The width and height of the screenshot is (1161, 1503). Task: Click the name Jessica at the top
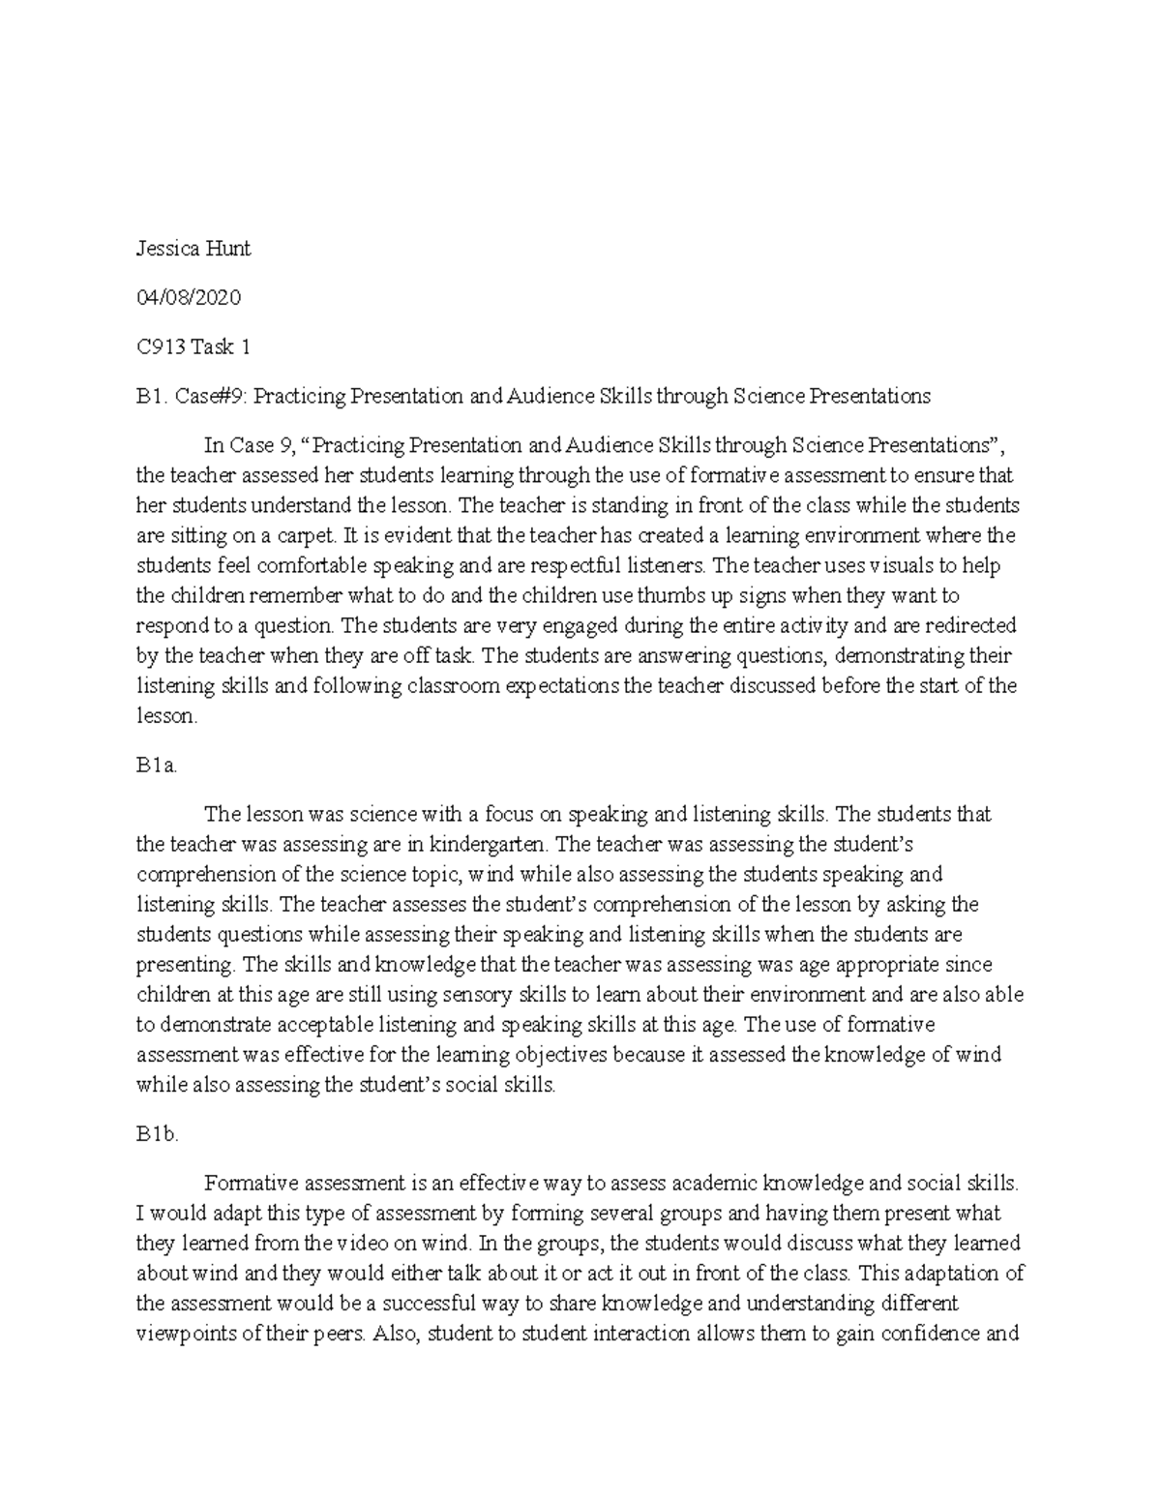click(166, 249)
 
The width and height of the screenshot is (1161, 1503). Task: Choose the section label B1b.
click(158, 1135)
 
